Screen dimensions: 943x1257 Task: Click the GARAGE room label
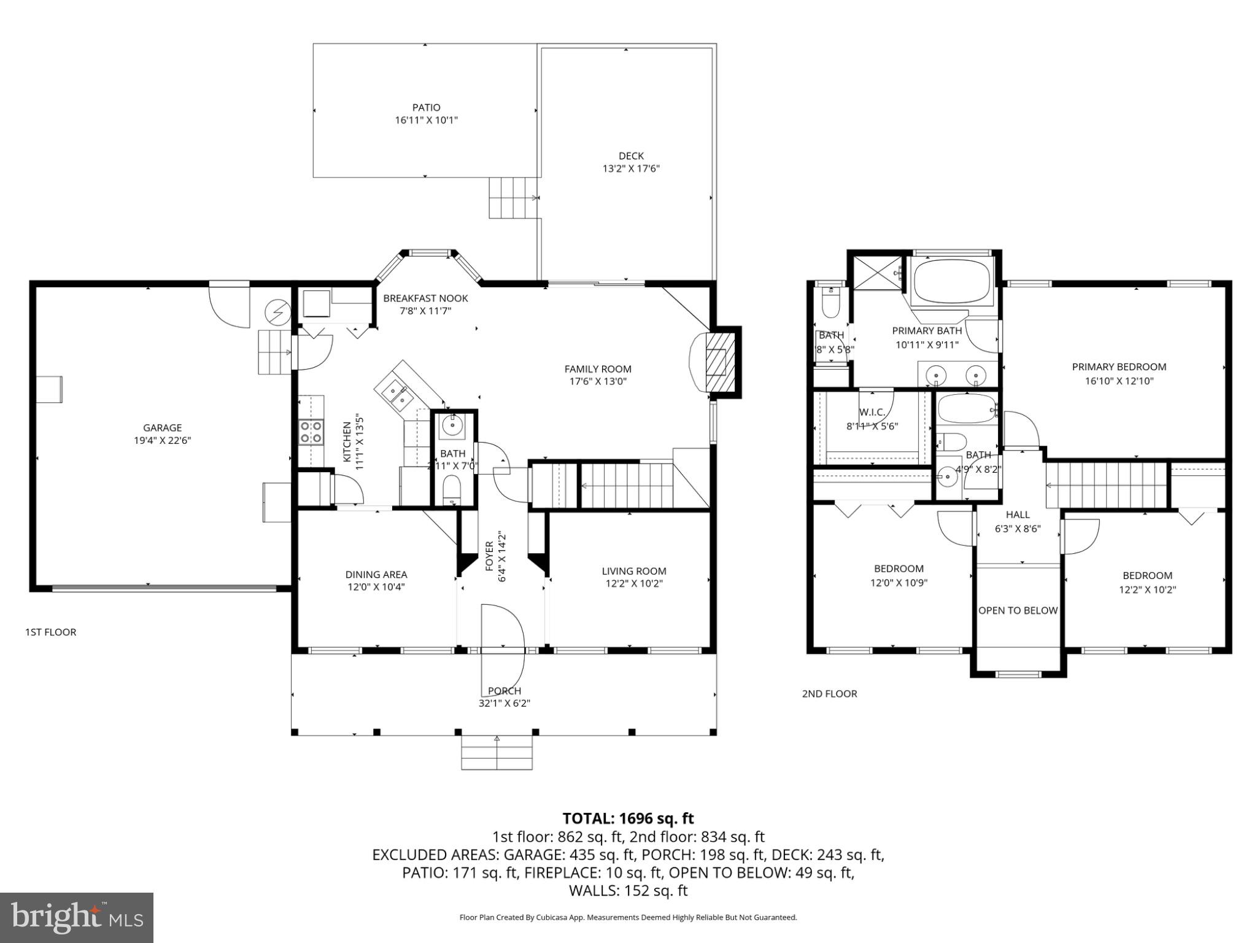[162, 427]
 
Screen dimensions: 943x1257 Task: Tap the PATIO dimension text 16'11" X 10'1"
[426, 120]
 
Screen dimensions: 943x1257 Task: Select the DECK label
[630, 156]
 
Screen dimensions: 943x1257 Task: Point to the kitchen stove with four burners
[311, 431]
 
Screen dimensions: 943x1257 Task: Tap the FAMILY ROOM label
[597, 369]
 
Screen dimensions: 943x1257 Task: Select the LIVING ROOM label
[633, 571]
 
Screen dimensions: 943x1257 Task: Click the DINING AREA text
[376, 575]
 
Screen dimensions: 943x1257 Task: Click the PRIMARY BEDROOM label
[1118, 367]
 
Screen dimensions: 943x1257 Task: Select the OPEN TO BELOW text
[1018, 610]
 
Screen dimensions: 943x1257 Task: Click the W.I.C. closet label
[872, 412]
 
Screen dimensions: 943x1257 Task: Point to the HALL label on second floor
[1017, 514]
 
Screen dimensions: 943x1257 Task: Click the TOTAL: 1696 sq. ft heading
[628, 818]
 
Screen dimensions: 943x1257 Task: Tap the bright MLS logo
[77, 917]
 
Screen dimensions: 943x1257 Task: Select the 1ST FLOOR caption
[50, 632]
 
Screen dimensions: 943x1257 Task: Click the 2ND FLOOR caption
[829, 694]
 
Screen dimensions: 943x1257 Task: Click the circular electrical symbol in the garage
[277, 312]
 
